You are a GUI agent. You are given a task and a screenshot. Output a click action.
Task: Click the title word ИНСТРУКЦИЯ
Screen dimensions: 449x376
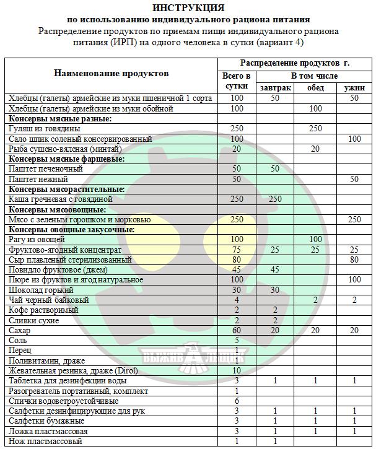pos(188,8)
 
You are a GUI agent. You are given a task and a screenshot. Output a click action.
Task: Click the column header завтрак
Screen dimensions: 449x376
pos(275,87)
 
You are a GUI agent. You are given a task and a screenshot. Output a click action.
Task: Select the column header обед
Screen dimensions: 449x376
pos(315,87)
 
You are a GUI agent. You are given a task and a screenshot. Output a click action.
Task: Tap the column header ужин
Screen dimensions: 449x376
pos(354,87)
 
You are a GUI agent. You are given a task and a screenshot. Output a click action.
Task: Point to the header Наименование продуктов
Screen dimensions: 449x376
pos(111,74)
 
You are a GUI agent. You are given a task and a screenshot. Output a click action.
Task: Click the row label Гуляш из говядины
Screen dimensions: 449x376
pos(44,128)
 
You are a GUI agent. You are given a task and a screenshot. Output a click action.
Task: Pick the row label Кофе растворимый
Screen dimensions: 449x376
pos(43,310)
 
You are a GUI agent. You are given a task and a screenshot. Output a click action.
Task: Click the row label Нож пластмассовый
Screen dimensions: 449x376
pos(45,441)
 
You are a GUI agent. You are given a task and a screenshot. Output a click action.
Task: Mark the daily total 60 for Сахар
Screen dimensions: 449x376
pos(237,330)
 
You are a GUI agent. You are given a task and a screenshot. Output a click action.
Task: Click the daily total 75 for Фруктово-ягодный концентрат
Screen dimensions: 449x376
pos(237,250)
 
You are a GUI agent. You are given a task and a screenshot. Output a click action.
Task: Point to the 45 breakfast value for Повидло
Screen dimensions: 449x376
pos(275,269)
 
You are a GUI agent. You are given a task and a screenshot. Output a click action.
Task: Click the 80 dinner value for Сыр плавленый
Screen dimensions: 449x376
pos(354,259)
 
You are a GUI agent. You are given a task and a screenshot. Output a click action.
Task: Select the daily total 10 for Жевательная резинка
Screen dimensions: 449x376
pos(237,370)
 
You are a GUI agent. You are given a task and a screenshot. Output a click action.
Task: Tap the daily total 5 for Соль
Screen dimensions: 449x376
pos(237,340)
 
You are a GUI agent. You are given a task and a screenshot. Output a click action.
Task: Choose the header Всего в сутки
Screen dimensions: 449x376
pos(237,82)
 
